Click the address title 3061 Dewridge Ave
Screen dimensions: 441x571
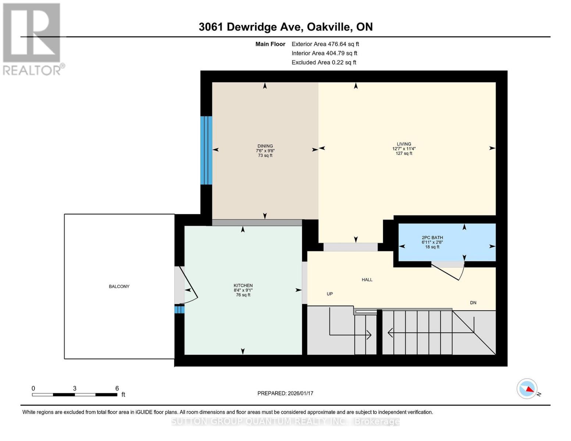click(x=285, y=27)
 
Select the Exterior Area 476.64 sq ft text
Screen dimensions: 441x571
click(x=325, y=44)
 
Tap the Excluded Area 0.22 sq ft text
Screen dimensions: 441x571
click(x=324, y=62)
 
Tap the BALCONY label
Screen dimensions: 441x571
click(x=119, y=286)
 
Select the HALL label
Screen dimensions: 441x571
click(x=367, y=280)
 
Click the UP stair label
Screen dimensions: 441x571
click(x=330, y=294)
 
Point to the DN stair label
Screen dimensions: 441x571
click(x=473, y=303)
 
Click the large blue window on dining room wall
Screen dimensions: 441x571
click(x=206, y=150)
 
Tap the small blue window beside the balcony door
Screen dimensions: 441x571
click(x=179, y=310)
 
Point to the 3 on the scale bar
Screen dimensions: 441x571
click(x=75, y=388)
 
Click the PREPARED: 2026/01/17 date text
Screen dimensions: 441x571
click(x=285, y=393)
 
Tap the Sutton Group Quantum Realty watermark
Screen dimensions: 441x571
click(x=285, y=422)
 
